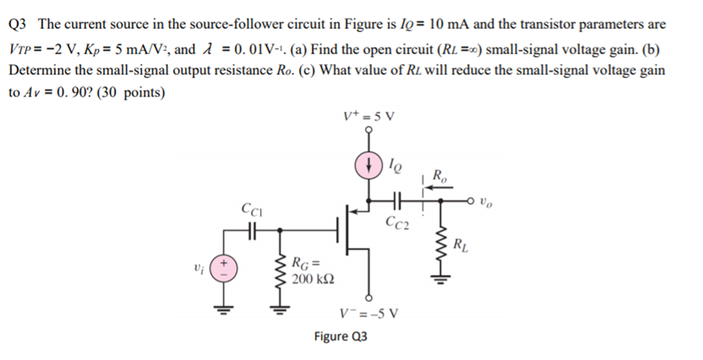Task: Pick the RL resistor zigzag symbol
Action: (440, 246)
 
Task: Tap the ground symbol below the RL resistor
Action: (440, 284)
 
